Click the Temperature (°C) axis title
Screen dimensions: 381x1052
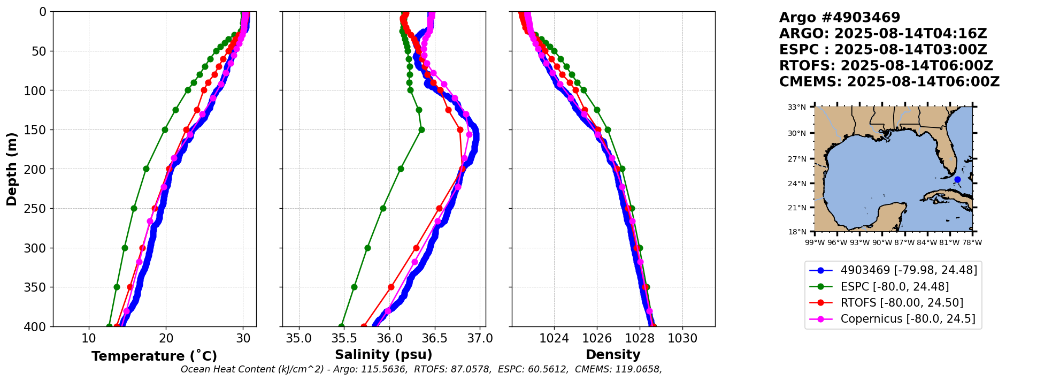[154, 356]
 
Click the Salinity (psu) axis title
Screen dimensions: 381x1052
[383, 355]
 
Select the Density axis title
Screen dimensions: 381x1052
[613, 355]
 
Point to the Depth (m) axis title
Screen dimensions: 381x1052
[12, 169]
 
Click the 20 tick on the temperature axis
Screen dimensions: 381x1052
[166, 339]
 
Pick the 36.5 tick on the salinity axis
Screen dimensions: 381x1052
[434, 339]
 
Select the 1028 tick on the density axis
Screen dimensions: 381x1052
[640, 339]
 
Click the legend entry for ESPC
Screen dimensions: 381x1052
[894, 287]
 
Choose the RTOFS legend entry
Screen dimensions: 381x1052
[902, 303]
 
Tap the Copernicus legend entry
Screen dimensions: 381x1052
[908, 319]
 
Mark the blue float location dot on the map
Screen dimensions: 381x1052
[957, 180]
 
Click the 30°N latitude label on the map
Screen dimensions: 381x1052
[797, 133]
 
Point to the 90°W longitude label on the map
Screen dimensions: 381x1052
[882, 242]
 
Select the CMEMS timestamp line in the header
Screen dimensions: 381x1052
[889, 82]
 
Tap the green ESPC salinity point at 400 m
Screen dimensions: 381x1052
[341, 326]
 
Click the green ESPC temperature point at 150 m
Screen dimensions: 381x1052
[165, 129]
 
